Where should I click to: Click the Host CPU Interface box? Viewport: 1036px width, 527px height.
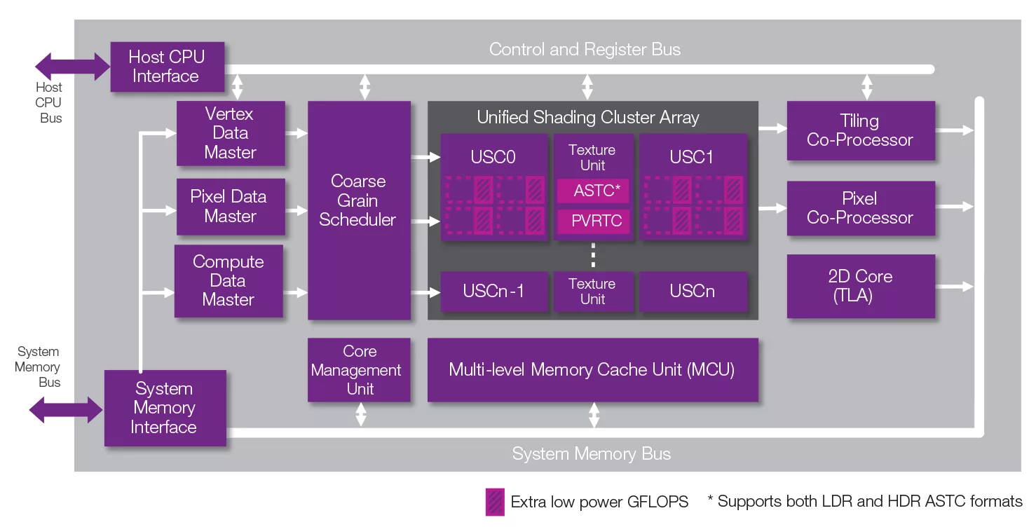coord(168,67)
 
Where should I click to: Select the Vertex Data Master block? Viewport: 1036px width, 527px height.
coord(231,133)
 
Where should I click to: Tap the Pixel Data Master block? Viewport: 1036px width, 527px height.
coord(231,207)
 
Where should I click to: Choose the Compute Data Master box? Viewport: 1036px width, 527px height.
coord(229,280)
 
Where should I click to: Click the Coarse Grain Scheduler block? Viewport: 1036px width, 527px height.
coord(360,210)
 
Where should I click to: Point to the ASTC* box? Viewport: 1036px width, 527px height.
coord(594,191)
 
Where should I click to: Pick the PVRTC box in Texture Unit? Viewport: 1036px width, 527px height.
coord(594,221)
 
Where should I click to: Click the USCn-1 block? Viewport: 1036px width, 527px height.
coord(494,292)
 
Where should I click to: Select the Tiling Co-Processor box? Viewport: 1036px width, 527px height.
coord(861,130)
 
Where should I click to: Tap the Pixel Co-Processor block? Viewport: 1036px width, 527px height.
coord(861,208)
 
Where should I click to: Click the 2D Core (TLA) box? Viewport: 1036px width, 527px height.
coord(861,286)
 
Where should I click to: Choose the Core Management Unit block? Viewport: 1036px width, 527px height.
coord(359,370)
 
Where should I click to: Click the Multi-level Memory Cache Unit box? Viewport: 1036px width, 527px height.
coord(593,370)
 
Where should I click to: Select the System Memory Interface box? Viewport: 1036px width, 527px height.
coord(165,408)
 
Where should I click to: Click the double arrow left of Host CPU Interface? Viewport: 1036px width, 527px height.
coord(73,67)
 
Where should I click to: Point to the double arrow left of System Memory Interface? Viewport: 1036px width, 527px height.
coord(66,409)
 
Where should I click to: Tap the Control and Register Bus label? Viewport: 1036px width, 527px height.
coord(585,50)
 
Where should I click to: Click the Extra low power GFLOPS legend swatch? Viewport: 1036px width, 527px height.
coord(495,502)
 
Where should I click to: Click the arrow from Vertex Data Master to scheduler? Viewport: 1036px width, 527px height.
coord(297,133)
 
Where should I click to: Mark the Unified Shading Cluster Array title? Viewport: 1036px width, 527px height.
coord(588,118)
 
